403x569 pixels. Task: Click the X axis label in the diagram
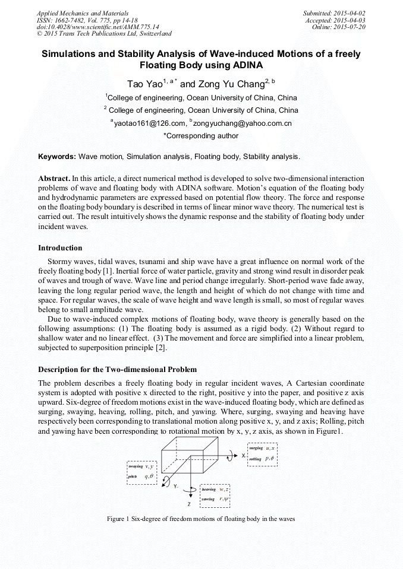[x=243, y=454]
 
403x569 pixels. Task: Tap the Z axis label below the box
[x=188, y=504]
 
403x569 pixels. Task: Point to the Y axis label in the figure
[x=175, y=486]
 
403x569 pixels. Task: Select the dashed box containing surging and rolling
[x=266, y=454]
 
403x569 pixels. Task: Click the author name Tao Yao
[x=143, y=84]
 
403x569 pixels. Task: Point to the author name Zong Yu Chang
[x=230, y=84]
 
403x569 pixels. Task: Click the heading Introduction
[x=60, y=247]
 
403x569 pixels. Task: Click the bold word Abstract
[x=53, y=178]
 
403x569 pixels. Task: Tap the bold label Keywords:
[x=56, y=157]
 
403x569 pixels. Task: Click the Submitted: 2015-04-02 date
[x=334, y=13]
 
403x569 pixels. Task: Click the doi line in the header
[x=97, y=27]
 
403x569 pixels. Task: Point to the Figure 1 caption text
[x=201, y=519]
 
